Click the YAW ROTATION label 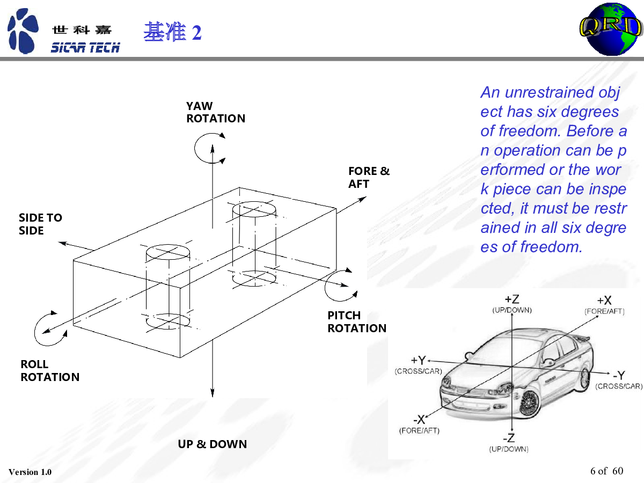(x=215, y=112)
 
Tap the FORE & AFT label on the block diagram (x=369, y=177)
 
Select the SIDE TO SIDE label (x=40, y=224)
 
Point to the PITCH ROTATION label (x=357, y=321)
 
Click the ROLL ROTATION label (x=50, y=370)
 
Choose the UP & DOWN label (x=213, y=444)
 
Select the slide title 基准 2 (x=172, y=33)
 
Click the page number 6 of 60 (x=606, y=471)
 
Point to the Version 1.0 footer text (x=30, y=472)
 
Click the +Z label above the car (x=511, y=299)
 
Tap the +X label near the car (x=604, y=301)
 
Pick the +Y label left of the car (x=419, y=360)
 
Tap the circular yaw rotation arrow (x=208, y=147)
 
